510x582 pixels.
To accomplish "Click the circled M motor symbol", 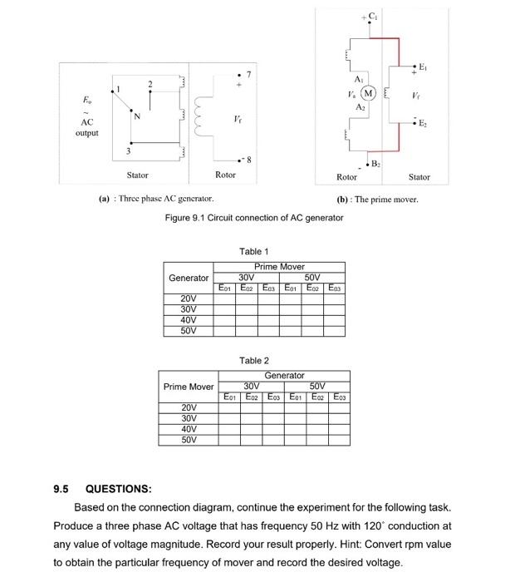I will coord(370,91).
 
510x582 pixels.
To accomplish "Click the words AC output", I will coord(87,126).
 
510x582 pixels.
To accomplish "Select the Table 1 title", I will coord(253,251).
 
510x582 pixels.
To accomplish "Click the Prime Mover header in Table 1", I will coord(280,267).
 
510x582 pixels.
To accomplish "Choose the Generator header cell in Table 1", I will coord(189,278).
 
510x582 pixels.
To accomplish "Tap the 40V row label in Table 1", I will coord(189,319).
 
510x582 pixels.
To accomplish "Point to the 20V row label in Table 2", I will coord(189,407).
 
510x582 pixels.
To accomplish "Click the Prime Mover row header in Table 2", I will coord(189,387).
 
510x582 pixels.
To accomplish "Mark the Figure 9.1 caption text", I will coord(254,218).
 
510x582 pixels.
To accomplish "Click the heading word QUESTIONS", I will coord(119,489).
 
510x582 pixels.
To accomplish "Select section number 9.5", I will coord(63,489).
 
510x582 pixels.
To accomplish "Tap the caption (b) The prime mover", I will coord(376,200).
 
